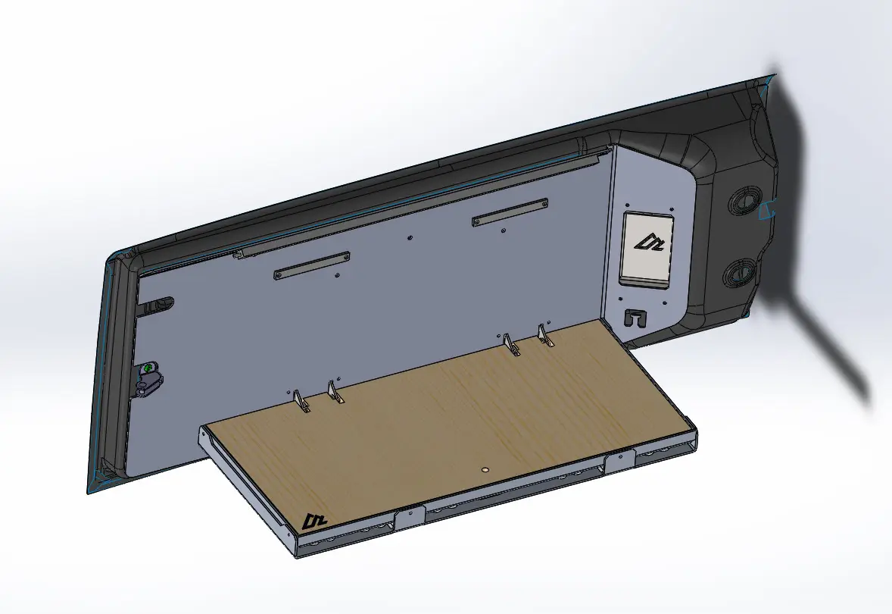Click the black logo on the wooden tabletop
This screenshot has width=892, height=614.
(313, 521)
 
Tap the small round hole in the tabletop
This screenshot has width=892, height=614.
(485, 470)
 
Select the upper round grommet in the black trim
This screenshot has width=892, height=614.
(741, 202)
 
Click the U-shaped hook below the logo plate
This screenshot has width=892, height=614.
(635, 317)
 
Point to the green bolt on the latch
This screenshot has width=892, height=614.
(148, 368)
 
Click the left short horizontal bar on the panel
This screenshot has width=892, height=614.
(311, 265)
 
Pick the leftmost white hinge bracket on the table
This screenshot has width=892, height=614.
(301, 402)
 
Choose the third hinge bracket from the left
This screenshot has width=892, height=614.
(513, 346)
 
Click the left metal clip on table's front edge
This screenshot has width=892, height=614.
(409, 518)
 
